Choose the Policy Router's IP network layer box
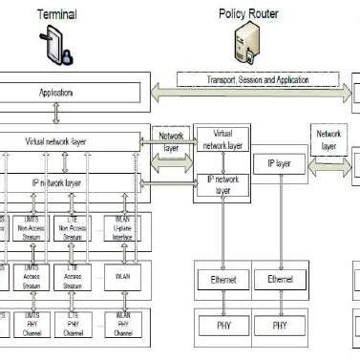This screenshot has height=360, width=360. click(222, 183)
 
